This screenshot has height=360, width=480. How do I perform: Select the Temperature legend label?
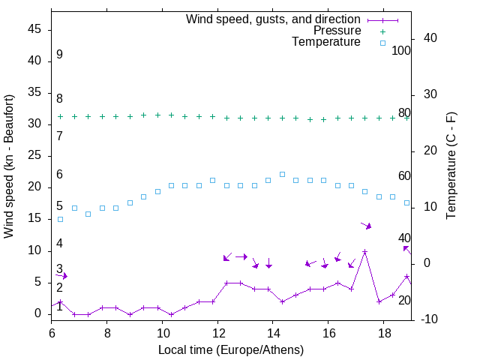click(326, 42)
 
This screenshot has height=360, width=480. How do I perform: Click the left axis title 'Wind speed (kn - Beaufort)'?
click(9, 166)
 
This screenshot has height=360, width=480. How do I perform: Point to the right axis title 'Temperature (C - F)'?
click(451, 166)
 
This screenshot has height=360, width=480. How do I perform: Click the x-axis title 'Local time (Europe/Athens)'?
click(231, 349)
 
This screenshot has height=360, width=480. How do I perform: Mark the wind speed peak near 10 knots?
click(364, 252)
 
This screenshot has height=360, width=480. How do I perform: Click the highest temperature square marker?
click(282, 174)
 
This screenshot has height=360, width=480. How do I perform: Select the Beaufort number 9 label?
click(59, 55)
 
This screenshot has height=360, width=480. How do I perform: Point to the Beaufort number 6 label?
click(59, 175)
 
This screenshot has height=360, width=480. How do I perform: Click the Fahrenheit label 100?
click(401, 51)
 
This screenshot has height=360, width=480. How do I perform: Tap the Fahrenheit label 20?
click(404, 300)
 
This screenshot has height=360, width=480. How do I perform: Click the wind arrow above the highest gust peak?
click(366, 225)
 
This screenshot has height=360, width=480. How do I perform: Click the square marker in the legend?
click(382, 43)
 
